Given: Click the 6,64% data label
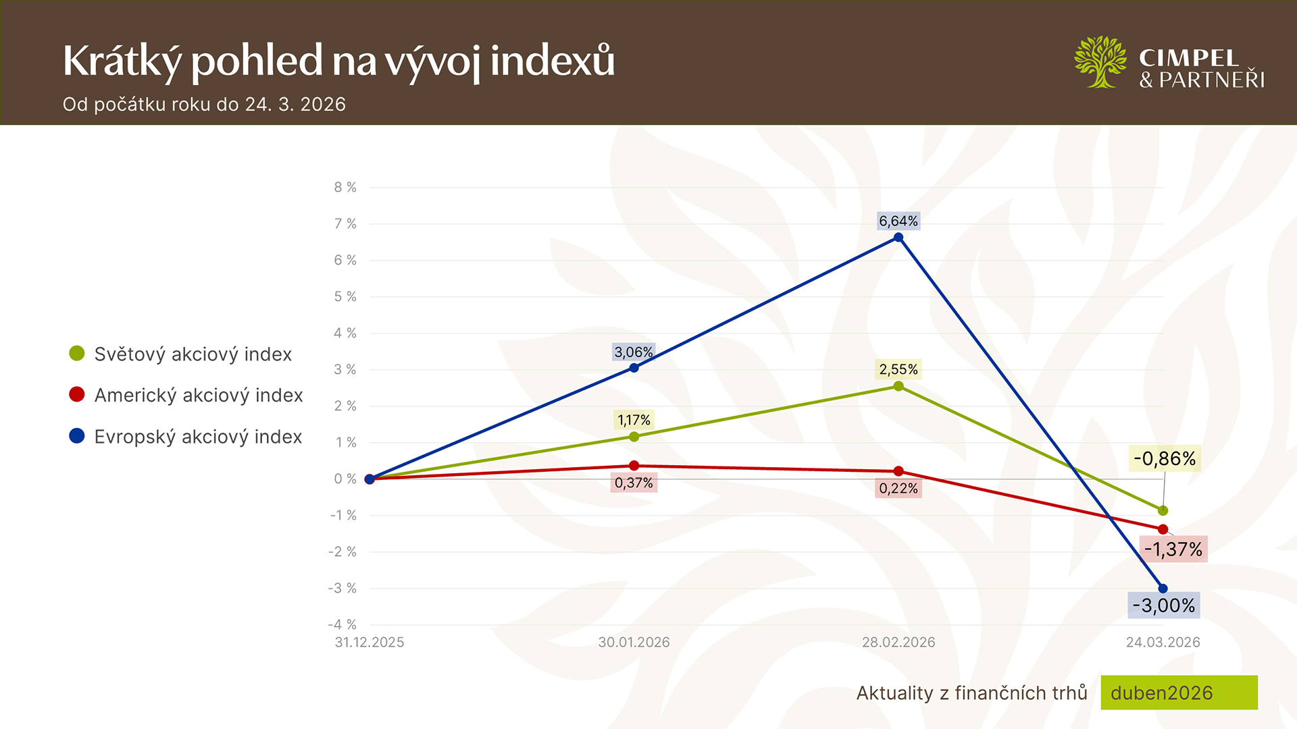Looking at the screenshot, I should pos(898,221).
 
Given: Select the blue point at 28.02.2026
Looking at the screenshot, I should pos(898,238).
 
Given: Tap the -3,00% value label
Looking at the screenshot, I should pos(1163,605).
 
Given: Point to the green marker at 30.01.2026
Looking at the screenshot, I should pos(634,437).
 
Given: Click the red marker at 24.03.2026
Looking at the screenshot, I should pos(1163,529).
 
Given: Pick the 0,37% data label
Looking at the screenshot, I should pos(634,483).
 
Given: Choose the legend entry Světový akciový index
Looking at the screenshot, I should pos(193,354).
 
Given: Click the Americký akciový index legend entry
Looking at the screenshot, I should pos(198,396).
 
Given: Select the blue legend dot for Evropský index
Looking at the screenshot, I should pos(77,436).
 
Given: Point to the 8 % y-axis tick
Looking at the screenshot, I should pos(345,188).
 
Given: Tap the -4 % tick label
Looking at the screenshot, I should pos(342,625).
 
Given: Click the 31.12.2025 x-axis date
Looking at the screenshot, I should pos(370,643).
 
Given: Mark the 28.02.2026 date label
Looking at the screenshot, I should pos(898,643).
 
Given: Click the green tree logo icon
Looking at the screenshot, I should pos(1100,62).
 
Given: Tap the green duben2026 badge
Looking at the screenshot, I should pos(1179,693).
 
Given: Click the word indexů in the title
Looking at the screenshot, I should pos(553,61).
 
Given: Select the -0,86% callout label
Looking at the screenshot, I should pos(1165,459).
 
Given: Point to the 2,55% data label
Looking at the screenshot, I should pos(898,369).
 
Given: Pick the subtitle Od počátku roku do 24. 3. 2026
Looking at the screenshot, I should pos(204,105).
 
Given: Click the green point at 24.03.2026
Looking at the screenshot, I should pos(1163,511).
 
